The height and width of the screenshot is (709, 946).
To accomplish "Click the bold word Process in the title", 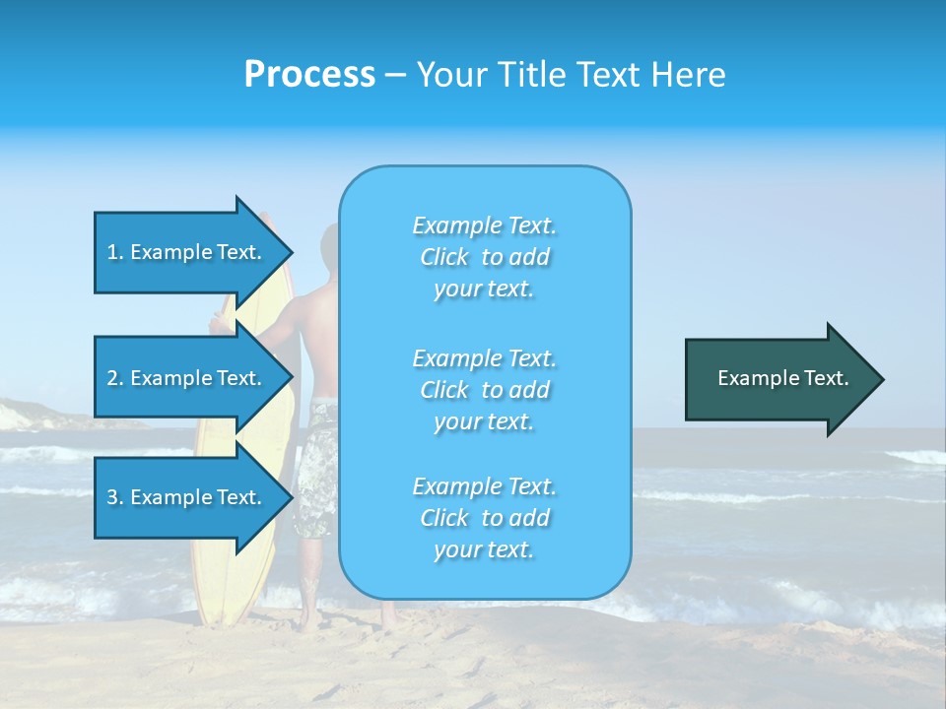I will pos(309,75).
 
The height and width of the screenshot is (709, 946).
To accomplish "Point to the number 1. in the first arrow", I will pos(115,252).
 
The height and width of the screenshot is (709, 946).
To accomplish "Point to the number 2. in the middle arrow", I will pos(115,378).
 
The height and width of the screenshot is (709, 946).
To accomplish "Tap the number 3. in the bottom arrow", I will pos(115,497).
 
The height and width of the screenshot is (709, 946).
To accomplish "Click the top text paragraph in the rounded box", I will pos(484,257).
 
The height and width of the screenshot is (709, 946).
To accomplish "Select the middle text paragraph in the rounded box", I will pos(484,390).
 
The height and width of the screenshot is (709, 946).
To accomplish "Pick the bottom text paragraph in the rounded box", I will pos(484,518).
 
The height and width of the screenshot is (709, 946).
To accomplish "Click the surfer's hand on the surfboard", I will pos(218,322).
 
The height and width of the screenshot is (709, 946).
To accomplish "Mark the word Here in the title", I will pos(693,75).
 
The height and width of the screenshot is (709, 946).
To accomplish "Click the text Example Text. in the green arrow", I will pos(782,378).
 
